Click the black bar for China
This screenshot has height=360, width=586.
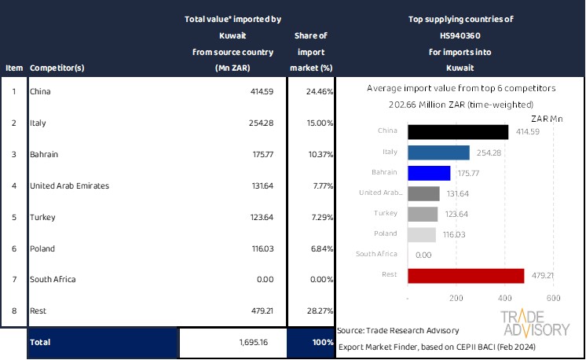458,131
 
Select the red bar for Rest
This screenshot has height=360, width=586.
466,275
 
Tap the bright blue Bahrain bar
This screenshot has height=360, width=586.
429,172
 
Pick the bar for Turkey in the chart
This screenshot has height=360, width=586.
423,214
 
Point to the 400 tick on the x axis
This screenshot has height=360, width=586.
504,299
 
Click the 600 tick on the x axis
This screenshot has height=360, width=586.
553,299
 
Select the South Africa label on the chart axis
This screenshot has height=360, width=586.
383,255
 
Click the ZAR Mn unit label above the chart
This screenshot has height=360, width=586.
548,119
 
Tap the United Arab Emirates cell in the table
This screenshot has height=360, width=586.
69,186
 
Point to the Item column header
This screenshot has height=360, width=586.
13,68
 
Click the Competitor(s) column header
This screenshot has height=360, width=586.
57,68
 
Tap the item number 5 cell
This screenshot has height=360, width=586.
13,217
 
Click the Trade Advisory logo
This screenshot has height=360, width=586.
535,323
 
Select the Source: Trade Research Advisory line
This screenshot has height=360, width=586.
398,331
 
